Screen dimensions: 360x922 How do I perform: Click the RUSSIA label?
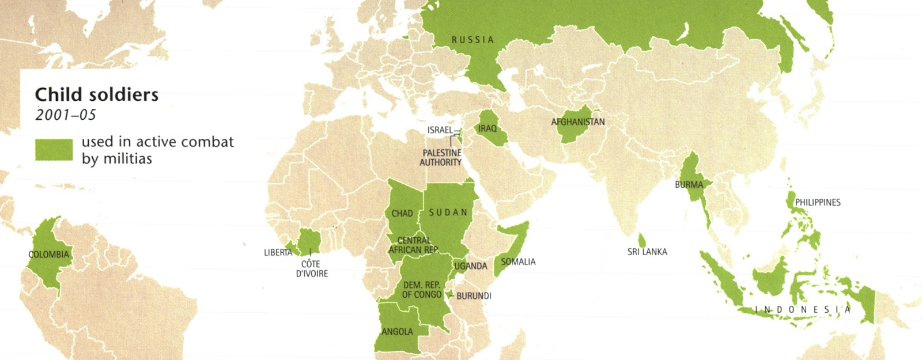[473, 40]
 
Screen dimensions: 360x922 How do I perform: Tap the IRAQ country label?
[487, 128]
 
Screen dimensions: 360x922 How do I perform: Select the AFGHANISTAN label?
[578, 122]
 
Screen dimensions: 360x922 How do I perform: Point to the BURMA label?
[689, 185]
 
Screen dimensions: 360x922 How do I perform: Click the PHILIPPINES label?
[817, 203]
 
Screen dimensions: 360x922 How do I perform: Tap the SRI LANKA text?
[647, 252]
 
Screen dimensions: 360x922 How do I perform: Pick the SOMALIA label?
[518, 262]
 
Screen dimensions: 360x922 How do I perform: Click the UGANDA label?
[470, 266]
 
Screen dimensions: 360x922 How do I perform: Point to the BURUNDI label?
[474, 296]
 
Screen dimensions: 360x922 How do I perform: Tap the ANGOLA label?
[397, 332]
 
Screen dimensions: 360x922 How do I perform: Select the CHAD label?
[402, 214]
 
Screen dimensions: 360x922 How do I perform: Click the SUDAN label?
[448, 213]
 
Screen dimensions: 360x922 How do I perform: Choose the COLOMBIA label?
[48, 255]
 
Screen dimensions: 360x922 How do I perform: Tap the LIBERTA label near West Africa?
[278, 253]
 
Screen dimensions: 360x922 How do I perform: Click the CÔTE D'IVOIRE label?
[312, 269]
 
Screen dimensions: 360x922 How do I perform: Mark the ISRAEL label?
[440, 130]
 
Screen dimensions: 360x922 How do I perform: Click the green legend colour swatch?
[54, 149]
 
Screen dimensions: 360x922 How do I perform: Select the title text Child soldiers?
[96, 94]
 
